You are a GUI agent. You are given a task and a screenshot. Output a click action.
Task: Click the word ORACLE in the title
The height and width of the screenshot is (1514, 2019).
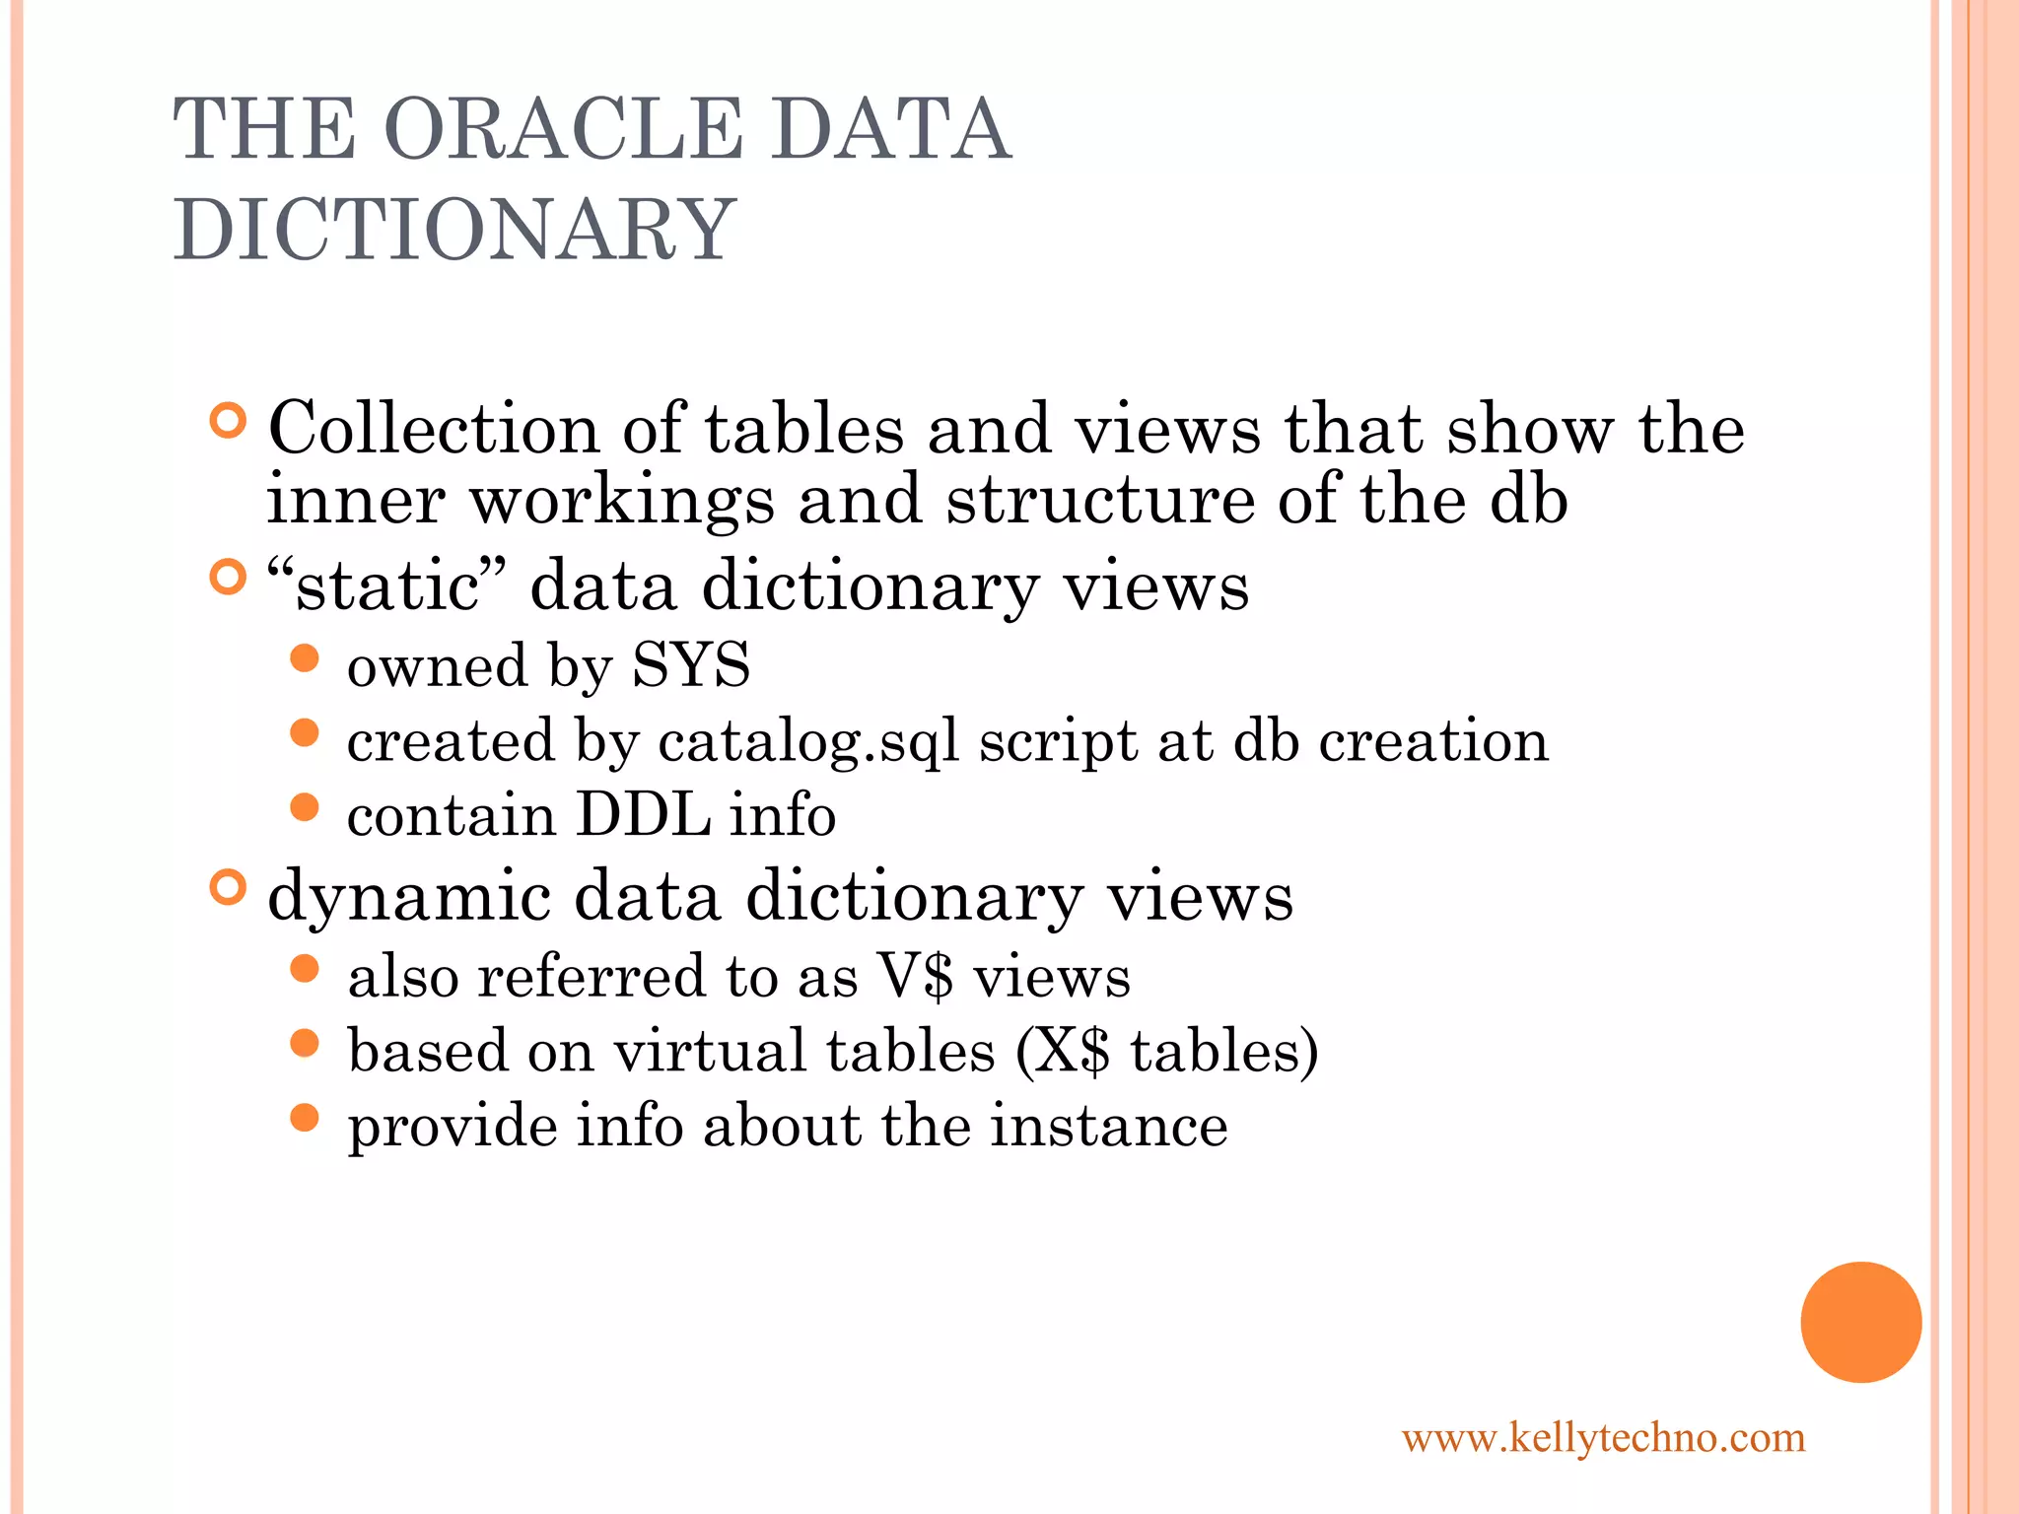pyautogui.click(x=562, y=129)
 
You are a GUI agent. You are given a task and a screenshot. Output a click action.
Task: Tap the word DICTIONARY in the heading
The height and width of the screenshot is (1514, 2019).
pyautogui.click(x=454, y=229)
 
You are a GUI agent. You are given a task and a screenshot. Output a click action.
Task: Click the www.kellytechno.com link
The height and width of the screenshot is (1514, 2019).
pyautogui.click(x=1603, y=1438)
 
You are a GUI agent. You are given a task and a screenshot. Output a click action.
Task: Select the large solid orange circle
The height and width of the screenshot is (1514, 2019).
pyautogui.click(x=1860, y=1322)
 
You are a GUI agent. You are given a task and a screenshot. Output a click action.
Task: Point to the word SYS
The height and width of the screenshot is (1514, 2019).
pyautogui.click(x=690, y=664)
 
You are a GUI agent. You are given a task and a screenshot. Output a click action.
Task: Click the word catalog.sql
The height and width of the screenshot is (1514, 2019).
pyautogui.click(x=808, y=741)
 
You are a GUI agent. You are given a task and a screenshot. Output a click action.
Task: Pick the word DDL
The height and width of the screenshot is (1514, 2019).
pyautogui.click(x=643, y=815)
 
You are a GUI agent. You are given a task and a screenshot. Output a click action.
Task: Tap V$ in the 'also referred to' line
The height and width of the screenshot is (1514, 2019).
pyautogui.click(x=915, y=977)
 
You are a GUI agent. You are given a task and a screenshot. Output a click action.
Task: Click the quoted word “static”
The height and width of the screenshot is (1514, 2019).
pyautogui.click(x=386, y=585)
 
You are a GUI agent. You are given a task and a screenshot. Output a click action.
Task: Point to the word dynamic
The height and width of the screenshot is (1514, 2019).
pyautogui.click(x=408, y=897)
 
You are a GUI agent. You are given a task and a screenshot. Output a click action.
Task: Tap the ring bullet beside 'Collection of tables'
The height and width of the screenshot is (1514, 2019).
pyautogui.click(x=228, y=421)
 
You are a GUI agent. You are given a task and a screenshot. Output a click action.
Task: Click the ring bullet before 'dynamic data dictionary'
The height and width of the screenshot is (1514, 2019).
pyautogui.click(x=228, y=888)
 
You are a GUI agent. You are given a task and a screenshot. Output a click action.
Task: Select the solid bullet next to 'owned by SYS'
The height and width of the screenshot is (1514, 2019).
pyautogui.click(x=306, y=657)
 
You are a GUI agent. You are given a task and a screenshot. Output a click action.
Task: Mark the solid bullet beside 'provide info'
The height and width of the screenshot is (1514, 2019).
pyautogui.click(x=306, y=1118)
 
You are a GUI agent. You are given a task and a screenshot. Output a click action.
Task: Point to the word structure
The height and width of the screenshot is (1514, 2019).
pyautogui.click(x=1099, y=499)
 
